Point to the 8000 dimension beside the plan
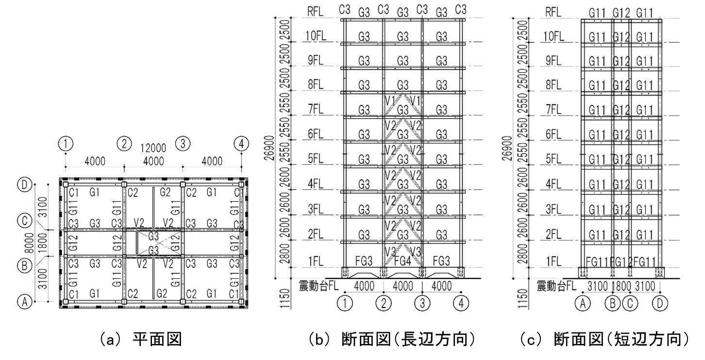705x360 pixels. (30, 241)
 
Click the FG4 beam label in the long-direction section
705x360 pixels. (403, 261)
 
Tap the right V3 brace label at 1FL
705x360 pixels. (415, 252)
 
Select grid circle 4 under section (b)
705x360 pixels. (461, 303)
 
